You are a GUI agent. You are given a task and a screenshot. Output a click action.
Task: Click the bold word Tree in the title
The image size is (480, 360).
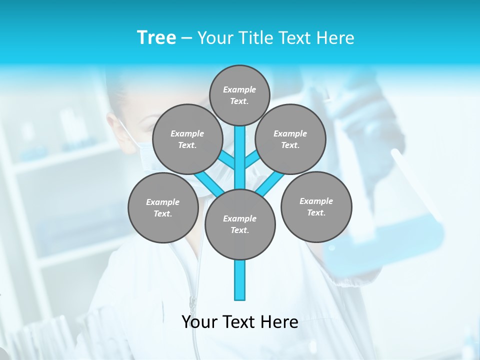point(156,38)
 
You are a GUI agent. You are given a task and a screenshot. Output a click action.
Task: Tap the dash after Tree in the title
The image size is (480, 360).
point(186,38)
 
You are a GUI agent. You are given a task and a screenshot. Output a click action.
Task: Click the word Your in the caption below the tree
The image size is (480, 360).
point(200,322)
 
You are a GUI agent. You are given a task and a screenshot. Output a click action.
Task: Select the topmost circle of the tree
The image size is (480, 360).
point(239,95)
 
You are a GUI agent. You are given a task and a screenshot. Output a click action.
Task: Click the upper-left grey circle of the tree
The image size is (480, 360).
point(187,139)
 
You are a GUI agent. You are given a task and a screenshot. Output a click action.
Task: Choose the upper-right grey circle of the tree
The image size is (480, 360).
point(290,139)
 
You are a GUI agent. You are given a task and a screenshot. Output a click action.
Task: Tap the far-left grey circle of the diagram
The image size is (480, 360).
point(163,207)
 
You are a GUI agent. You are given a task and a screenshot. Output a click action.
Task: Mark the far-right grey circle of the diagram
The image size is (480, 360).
point(316,206)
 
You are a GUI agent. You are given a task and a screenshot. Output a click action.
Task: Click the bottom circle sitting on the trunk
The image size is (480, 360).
point(240,224)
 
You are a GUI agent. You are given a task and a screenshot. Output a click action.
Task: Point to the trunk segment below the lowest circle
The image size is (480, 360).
point(240,280)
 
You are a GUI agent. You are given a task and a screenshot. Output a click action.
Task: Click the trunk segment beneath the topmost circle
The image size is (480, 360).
point(240,155)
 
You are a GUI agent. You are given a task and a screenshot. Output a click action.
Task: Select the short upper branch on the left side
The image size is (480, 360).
point(227,160)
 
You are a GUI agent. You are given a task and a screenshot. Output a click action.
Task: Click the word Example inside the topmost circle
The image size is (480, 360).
point(239,89)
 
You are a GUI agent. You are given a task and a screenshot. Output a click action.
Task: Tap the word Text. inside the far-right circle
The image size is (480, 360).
point(316,212)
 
